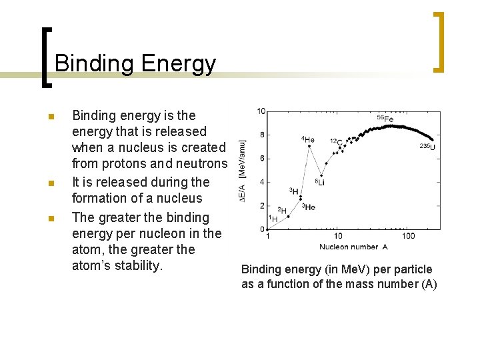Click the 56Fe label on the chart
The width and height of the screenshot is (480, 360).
[385, 119]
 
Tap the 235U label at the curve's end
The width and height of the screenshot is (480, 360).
[427, 147]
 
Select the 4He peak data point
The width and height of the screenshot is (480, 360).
[308, 147]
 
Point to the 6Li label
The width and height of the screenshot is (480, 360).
[319, 182]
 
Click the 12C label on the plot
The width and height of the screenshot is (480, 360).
[335, 141]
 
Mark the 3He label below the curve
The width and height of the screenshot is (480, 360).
[309, 207]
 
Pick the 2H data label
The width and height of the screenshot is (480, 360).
[281, 211]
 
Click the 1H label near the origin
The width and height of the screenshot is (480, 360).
[273, 219]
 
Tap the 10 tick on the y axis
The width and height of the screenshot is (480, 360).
[261, 111]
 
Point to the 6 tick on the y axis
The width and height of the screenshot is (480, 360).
[263, 158]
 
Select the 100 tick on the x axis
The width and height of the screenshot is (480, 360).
[408, 236]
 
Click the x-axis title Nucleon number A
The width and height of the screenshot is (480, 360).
[353, 247]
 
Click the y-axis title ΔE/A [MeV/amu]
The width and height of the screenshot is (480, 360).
[243, 170]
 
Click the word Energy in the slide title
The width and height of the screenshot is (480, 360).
[179, 64]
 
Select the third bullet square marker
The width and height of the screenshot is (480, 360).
[50, 218]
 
